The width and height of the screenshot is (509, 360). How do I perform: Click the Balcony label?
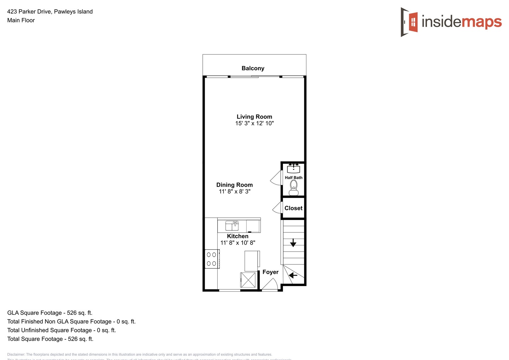tap(253, 68)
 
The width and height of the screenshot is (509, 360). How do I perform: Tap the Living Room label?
tap(254, 117)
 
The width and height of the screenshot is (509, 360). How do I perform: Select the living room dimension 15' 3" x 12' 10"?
tap(254, 123)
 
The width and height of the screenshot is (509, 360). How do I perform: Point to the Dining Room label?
tap(234, 185)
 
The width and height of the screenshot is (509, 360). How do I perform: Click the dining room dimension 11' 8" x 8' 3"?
tap(234, 191)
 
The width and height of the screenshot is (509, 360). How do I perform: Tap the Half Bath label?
tap(293, 178)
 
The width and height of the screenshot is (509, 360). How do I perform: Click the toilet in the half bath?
tap(293, 188)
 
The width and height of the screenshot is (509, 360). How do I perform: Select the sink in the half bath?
tap(293, 168)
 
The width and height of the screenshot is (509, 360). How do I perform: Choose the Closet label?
tap(293, 208)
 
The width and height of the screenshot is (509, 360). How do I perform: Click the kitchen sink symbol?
tap(232, 226)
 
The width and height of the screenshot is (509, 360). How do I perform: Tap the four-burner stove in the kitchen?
tap(211, 259)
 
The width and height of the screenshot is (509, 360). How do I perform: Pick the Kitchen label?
tap(237, 236)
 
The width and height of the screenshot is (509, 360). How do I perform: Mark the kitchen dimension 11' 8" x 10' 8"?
tap(238, 243)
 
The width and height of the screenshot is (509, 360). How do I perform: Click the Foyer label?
tap(270, 272)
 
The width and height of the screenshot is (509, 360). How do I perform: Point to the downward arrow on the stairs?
tap(293, 243)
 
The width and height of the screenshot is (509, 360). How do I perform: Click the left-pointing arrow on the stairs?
tap(293, 275)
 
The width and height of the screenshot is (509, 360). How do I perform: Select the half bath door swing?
tap(276, 178)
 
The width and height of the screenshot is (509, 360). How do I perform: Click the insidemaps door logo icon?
tap(410, 22)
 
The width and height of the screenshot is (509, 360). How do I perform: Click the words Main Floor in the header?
tap(21, 20)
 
